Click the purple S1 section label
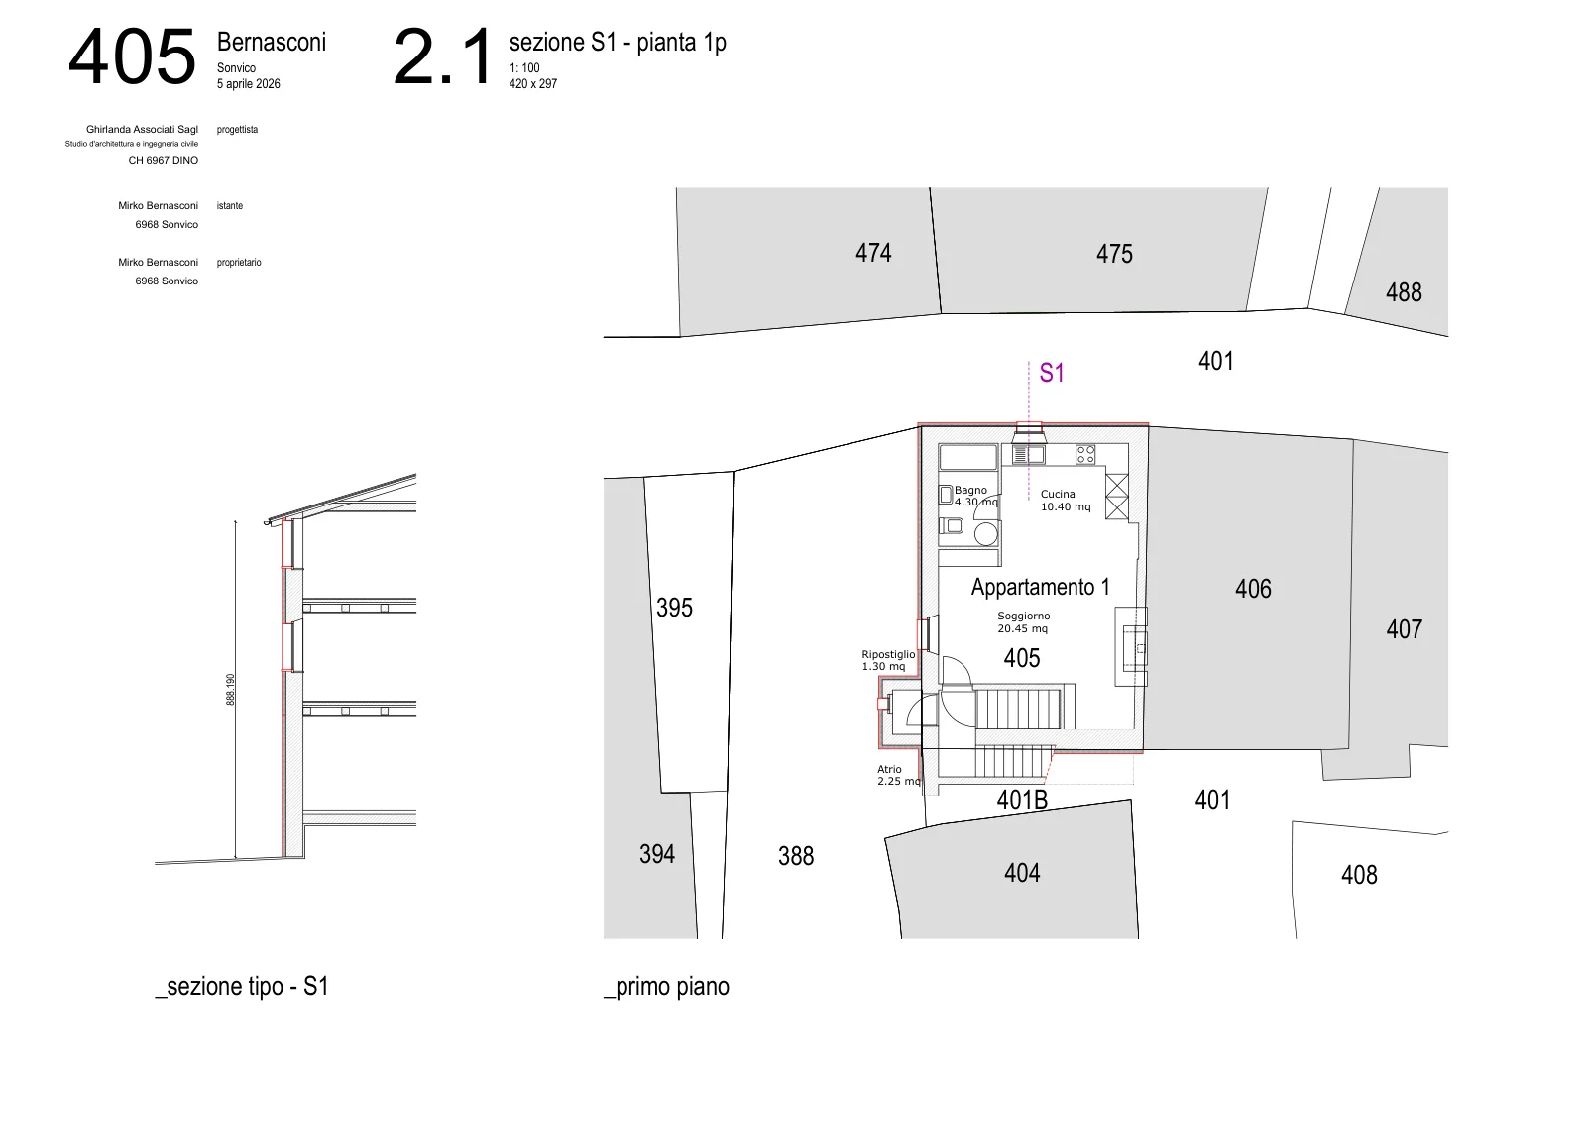(x=1052, y=373)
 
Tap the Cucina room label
(x=1057, y=495)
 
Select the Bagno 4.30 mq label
(x=975, y=496)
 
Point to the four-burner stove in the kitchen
(x=1085, y=454)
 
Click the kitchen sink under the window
(x=1029, y=454)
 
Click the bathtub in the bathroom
(x=967, y=457)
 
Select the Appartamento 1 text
(x=1040, y=587)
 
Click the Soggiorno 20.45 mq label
(x=1023, y=622)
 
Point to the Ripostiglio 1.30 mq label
(x=888, y=660)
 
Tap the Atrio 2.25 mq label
(x=898, y=775)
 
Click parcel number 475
(x=1114, y=254)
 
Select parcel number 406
(x=1253, y=588)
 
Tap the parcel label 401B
(x=1022, y=800)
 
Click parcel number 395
(x=674, y=608)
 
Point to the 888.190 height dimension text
(x=230, y=690)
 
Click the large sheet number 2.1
(x=442, y=56)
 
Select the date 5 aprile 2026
(x=249, y=83)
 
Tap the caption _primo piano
(x=666, y=987)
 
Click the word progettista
(x=237, y=130)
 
